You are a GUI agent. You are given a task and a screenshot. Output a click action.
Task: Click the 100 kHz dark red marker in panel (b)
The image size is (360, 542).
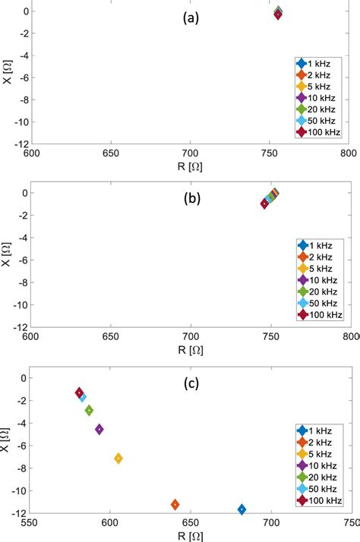(264, 203)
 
